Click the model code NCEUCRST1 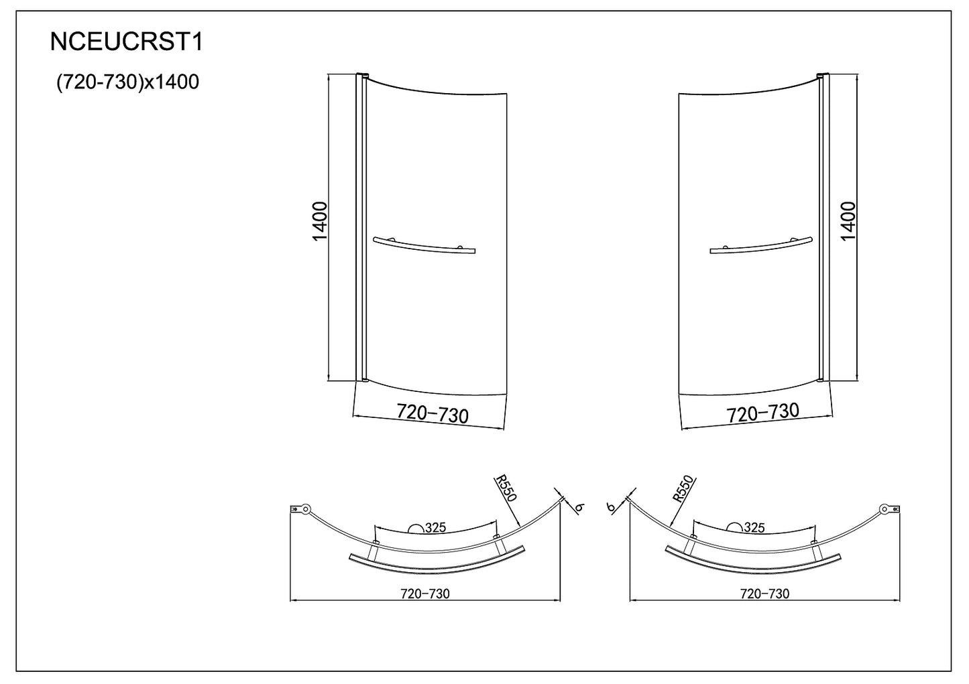point(126,43)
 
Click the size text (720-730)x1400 point(127,82)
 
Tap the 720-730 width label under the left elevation point(432,413)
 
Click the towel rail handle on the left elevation point(423,245)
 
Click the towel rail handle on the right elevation point(761,245)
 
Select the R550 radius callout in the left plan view point(505,490)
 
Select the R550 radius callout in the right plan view point(684,490)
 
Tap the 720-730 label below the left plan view point(424,594)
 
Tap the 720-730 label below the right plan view point(764,594)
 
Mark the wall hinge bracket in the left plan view point(300,510)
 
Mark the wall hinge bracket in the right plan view point(889,510)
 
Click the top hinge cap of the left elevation point(361,75)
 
